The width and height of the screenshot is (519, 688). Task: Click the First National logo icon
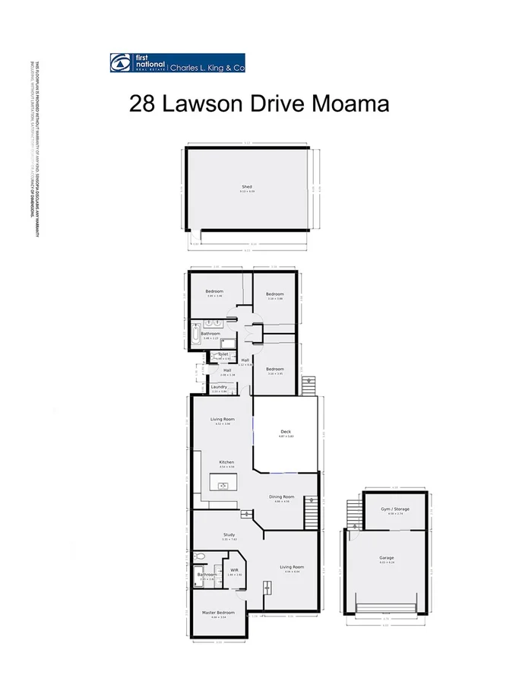click(119, 62)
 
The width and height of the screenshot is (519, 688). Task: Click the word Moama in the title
click(351, 103)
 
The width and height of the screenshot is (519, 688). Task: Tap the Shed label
click(247, 186)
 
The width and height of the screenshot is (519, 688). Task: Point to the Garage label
click(387, 558)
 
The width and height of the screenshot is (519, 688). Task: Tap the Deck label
click(285, 431)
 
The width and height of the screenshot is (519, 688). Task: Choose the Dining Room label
click(282, 496)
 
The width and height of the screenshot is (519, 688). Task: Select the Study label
click(229, 535)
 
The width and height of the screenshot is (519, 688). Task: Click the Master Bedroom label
click(218, 612)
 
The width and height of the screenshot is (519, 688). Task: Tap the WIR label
click(234, 569)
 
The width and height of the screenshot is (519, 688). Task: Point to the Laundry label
click(219, 387)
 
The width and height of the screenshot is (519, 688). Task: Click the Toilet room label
click(223, 354)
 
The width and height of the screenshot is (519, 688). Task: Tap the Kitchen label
click(226, 462)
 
